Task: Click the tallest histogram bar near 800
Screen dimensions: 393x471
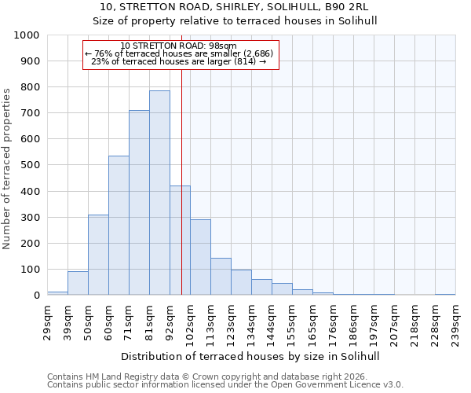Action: (x=159, y=193)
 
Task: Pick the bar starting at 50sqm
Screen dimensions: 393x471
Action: (x=98, y=255)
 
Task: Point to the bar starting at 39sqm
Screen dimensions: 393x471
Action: (x=78, y=283)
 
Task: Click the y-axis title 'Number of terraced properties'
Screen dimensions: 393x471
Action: (x=7, y=169)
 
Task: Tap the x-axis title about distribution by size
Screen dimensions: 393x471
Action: (x=251, y=356)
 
